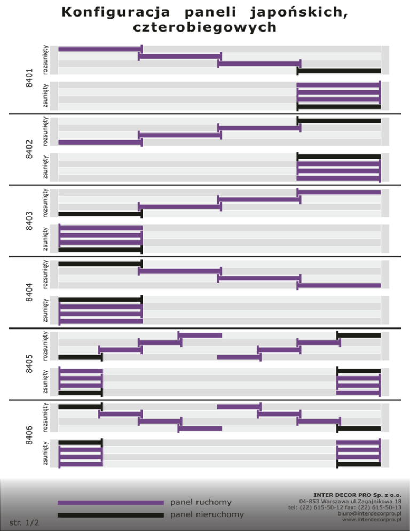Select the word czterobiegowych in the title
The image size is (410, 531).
206,26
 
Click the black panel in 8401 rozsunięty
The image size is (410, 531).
339,71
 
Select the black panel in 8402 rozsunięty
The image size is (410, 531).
339,121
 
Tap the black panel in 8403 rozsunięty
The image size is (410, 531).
100,214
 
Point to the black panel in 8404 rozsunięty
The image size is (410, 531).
100,264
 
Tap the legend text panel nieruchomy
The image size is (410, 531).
207,514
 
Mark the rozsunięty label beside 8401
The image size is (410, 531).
45,59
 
